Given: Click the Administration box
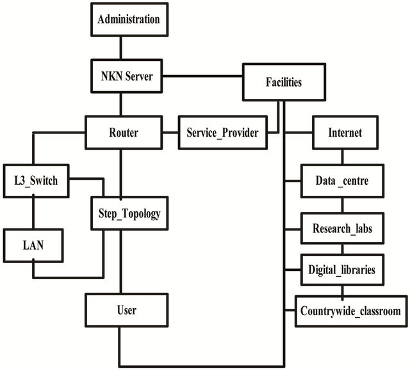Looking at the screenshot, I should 127,19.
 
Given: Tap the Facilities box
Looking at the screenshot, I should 283,82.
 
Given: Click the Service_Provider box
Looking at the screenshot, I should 222,133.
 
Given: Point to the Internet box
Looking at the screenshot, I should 345,133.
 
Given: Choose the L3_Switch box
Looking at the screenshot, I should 36,181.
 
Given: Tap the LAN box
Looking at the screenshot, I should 33,245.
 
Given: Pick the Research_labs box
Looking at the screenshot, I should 342,228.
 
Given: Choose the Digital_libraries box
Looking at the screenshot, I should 342,270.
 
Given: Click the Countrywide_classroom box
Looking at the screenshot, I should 350,311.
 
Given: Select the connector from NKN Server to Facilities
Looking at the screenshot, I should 202,78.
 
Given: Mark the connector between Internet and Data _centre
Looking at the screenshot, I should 342,157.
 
